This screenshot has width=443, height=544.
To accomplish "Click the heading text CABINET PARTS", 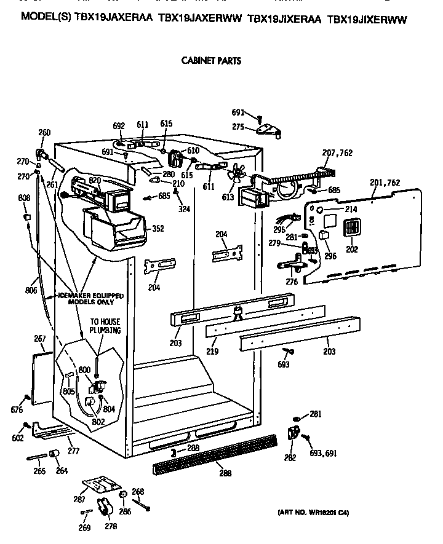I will pyautogui.click(x=210, y=61).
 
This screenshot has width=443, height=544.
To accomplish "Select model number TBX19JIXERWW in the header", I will pyautogui.click(x=367, y=19).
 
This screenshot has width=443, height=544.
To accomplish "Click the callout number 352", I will pyautogui.click(x=158, y=229).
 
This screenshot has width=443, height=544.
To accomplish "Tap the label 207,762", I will pyautogui.click(x=337, y=152).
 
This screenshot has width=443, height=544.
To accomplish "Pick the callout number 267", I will pyautogui.click(x=40, y=339).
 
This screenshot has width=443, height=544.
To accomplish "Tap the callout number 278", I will pyautogui.click(x=111, y=526).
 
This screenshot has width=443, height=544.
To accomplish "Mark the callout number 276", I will pyautogui.click(x=292, y=282).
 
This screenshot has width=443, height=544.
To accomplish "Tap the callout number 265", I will pyautogui.click(x=40, y=471).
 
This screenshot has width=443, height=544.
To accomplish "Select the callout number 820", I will pyautogui.click(x=95, y=179).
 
